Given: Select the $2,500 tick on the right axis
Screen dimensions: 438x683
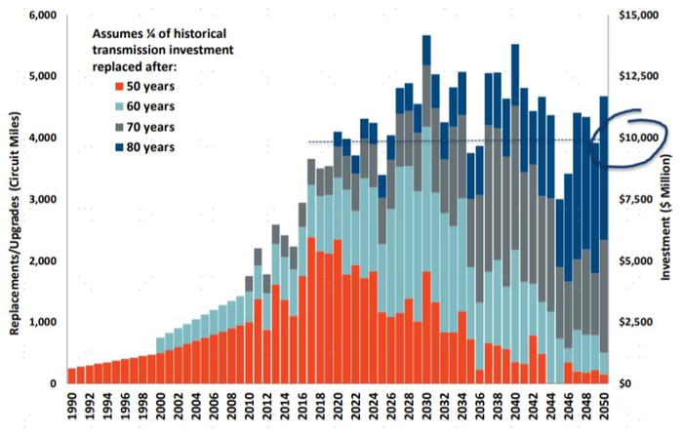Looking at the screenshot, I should click(643, 322).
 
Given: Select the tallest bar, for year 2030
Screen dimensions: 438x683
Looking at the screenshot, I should click(426, 195).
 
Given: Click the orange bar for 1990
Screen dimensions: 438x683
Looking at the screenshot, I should click(71, 376).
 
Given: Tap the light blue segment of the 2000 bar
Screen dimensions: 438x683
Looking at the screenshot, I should click(160, 345).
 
